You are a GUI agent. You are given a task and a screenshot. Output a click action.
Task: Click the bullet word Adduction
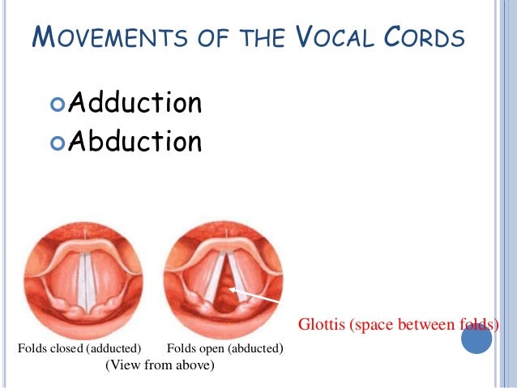coord(135,104)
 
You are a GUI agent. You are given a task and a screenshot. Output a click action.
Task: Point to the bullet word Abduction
coord(135,142)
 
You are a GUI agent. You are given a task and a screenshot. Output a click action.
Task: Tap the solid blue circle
coord(476,339)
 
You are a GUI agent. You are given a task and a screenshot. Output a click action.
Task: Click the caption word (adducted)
coord(113,349)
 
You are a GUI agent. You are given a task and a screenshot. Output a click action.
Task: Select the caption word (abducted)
coord(254,349)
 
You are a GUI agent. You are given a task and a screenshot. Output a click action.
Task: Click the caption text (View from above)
coord(160,366)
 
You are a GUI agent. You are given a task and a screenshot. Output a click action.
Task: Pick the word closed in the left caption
coord(66,349)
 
